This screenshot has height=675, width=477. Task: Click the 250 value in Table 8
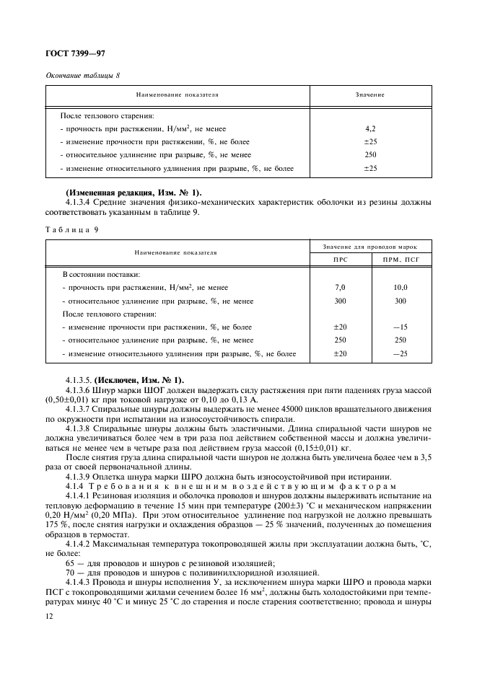(x=370, y=155)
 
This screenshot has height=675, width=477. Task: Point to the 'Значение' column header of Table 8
(x=370, y=95)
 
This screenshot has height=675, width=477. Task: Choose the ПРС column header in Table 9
(x=341, y=259)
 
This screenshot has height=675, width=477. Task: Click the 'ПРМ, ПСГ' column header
(x=401, y=259)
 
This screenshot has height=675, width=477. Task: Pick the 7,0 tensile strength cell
(x=341, y=287)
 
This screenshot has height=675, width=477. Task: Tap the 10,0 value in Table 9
(x=401, y=287)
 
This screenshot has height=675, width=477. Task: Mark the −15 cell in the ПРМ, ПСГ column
(x=401, y=327)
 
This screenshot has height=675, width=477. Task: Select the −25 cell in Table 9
(x=401, y=353)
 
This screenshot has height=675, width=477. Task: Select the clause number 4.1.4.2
(x=82, y=532)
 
